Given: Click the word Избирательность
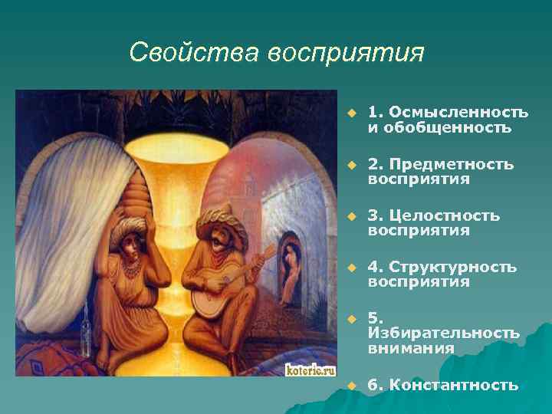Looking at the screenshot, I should [443, 333].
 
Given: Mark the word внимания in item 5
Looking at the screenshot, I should [410, 347].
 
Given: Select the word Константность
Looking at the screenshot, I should [453, 385].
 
